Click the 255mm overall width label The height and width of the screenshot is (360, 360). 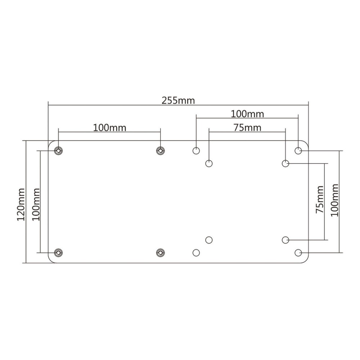[178, 100]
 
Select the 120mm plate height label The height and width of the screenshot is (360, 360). [21, 204]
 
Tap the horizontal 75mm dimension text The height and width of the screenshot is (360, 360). [247, 127]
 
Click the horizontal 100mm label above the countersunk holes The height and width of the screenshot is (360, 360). [110, 127]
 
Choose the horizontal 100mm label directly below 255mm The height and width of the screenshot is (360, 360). [247, 114]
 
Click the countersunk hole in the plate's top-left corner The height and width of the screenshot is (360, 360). [58, 150]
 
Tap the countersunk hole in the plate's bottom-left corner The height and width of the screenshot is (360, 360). [58, 253]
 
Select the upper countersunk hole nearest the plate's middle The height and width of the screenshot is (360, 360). [159, 150]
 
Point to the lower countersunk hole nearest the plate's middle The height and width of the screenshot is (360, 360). [159, 253]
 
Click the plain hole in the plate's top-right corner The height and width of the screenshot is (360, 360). [298, 150]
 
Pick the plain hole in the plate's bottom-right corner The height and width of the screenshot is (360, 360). [298, 253]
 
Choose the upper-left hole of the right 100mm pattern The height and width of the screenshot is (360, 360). [196, 150]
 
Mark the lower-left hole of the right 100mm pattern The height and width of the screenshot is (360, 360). [196, 253]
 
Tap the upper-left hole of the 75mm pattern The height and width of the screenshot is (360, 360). [209, 164]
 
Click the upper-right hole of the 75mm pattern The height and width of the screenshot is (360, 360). [285, 164]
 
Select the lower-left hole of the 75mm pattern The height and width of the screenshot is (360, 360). [209, 239]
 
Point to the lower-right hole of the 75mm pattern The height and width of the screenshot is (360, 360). [285, 239]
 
